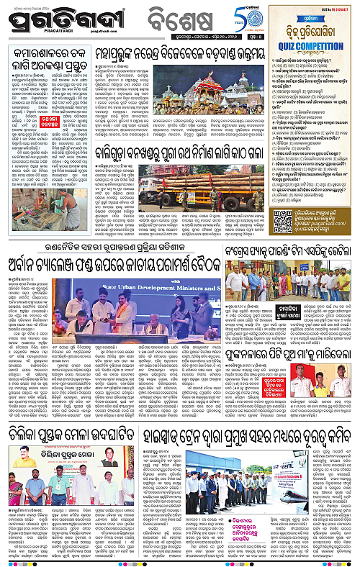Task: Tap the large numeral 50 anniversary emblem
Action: coord(215,14)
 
